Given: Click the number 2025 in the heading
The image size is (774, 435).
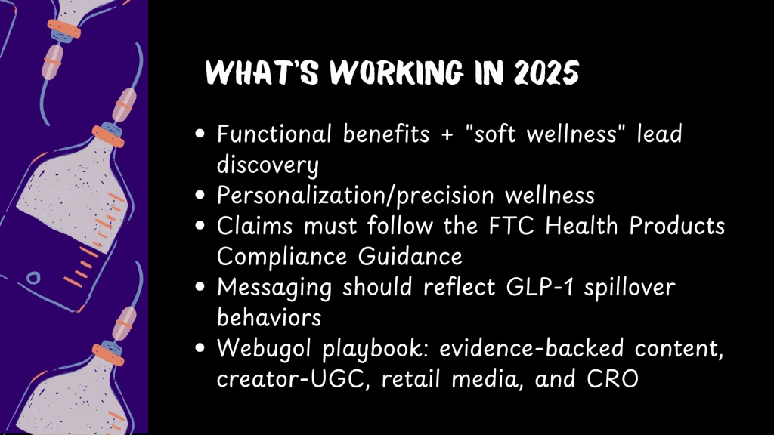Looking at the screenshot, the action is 546,73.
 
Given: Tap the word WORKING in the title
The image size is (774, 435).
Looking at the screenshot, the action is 396,73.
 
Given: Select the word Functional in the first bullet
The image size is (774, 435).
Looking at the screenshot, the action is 274,134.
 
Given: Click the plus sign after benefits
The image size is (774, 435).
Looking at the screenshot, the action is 447,135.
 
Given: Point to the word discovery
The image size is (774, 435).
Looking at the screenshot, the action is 268,165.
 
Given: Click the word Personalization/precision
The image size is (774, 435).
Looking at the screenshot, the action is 355,196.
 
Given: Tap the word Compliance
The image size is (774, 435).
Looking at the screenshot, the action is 282,257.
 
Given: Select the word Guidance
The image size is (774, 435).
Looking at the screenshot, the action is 410,257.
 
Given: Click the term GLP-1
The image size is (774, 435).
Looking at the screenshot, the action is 540,287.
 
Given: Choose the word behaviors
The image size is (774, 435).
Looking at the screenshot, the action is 269,318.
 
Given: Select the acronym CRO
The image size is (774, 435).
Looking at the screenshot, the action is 612,379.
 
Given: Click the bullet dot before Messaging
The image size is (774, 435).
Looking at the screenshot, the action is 200,286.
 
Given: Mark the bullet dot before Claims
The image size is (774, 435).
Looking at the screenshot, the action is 200,225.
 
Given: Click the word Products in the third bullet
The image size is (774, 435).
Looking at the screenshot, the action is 676,226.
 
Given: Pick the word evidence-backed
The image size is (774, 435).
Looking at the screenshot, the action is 531,348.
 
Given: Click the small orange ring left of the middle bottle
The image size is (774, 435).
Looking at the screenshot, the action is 33,278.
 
